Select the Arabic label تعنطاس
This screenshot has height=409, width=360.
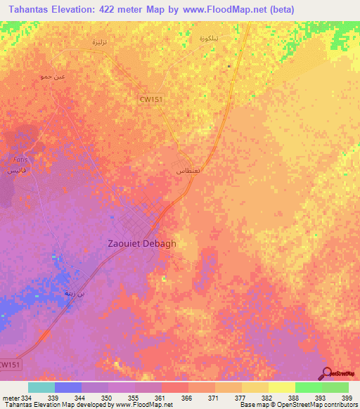point(188,171)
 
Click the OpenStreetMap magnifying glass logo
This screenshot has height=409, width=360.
point(328,374)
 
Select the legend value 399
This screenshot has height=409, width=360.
point(347,397)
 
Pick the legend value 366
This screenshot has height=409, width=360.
point(187,397)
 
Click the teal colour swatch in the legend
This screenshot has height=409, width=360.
point(41,387)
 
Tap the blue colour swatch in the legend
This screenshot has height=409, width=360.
point(67,387)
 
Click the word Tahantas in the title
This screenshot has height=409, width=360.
point(30,9)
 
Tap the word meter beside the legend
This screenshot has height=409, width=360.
point(10,397)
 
